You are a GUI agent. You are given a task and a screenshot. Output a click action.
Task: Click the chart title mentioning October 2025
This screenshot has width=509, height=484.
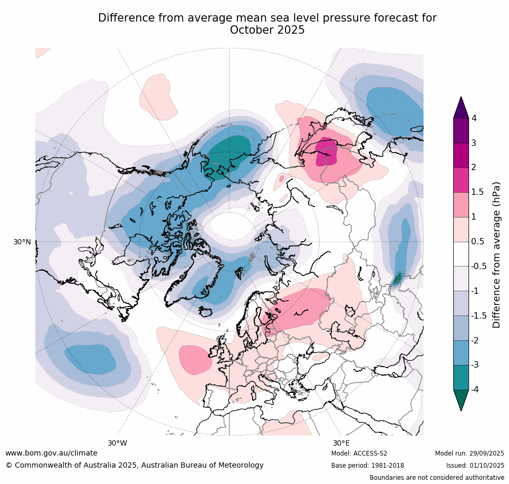click(267, 24)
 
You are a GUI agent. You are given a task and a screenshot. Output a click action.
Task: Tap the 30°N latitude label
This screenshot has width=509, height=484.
click(22, 242)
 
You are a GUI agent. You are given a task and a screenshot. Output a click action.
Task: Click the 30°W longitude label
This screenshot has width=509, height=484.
click(118, 443)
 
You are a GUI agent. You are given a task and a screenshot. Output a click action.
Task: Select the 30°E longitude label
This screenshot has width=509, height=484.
click(341, 443)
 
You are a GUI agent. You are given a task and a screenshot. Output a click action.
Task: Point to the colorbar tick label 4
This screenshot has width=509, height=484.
click(474, 118)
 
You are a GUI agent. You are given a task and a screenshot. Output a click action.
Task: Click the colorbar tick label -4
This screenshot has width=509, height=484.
click(475, 389)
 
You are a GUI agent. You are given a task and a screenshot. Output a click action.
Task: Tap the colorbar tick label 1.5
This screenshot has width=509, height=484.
click(477, 192)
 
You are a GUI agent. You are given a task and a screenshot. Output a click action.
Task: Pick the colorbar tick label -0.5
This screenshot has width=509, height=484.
click(479, 266)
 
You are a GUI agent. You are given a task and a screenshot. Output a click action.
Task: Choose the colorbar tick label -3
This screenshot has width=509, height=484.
click(475, 364)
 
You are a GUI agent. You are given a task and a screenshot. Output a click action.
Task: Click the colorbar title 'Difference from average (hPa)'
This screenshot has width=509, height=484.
click(496, 255)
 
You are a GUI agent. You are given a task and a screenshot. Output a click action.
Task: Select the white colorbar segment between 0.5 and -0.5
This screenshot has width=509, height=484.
click(461, 254)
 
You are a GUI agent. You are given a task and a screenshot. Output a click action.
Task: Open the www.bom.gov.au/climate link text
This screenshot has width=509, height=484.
click(51, 453)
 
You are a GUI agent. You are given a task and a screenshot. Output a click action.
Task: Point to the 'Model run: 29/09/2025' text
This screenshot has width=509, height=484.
click(469, 453)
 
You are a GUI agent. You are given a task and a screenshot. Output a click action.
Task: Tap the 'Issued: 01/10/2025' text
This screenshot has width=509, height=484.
click(475, 466)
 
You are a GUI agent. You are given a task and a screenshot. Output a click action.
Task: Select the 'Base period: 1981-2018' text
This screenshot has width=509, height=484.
click(368, 466)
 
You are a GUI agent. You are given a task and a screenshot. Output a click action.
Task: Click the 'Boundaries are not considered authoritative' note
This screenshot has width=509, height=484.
click(437, 478)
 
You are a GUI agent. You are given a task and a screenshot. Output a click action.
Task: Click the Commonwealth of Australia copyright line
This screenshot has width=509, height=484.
click(135, 465)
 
